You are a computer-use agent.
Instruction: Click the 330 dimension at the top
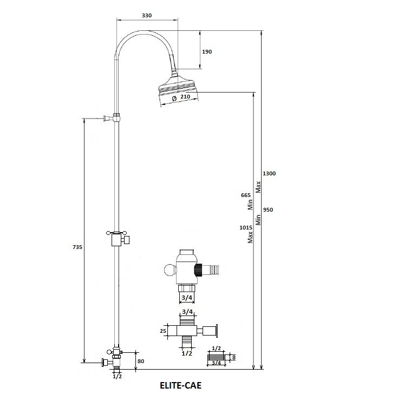tap(147, 16)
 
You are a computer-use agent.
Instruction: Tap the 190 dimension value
tap(207, 52)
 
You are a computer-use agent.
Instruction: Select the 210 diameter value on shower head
tap(185, 97)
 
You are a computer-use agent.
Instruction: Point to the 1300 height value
tap(269, 174)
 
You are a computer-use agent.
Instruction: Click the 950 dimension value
tap(268, 209)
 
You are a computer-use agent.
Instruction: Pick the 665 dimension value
tap(246, 195)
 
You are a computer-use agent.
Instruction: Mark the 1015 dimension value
tap(246, 228)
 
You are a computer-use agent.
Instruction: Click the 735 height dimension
tap(77, 247)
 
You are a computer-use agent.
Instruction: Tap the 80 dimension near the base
tap(141, 361)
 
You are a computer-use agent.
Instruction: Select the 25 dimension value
tap(163, 331)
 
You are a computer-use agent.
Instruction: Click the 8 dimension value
tap(233, 358)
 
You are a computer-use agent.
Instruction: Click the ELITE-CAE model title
tap(180, 385)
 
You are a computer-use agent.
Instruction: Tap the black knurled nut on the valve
tap(198, 270)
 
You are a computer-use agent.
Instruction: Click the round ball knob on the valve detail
tap(170, 270)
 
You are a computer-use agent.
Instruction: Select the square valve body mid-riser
tap(116, 240)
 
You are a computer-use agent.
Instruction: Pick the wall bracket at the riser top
tap(112, 117)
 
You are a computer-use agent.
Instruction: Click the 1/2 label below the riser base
tap(118, 376)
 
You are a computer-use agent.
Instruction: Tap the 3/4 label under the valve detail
tap(187, 298)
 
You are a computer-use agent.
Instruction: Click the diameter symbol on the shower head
tap(174, 98)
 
